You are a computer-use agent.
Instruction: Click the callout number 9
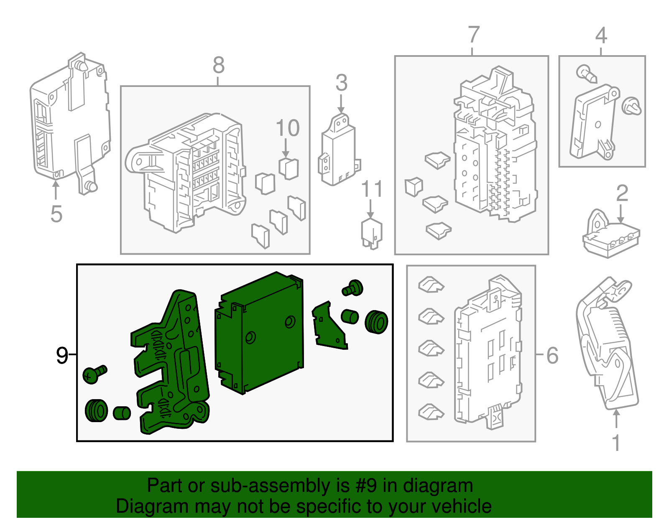click(62, 355)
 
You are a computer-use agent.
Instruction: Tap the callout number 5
click(56, 214)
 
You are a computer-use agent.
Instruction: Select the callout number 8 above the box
click(219, 65)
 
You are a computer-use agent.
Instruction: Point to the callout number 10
click(288, 128)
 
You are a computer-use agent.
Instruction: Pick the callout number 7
click(474, 35)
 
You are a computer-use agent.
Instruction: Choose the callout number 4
click(601, 36)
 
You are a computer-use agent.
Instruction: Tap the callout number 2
click(622, 193)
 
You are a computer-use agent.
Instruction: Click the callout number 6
click(552, 355)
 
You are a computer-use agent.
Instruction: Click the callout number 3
click(342, 83)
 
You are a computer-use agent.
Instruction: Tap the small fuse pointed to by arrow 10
click(289, 169)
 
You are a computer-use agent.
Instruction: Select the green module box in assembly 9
click(259, 333)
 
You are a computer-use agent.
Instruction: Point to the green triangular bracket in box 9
click(329, 326)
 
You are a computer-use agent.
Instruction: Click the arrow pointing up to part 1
click(616, 418)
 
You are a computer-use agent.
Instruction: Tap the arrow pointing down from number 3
click(341, 104)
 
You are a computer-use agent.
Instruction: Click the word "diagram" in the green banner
click(438, 486)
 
